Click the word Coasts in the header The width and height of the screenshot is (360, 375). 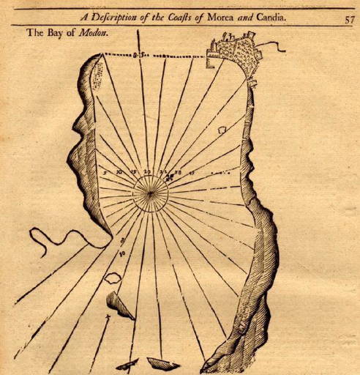[x=190, y=19]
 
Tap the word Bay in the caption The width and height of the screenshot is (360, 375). [x=59, y=34]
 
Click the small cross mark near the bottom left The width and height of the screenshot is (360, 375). [x=108, y=317]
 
